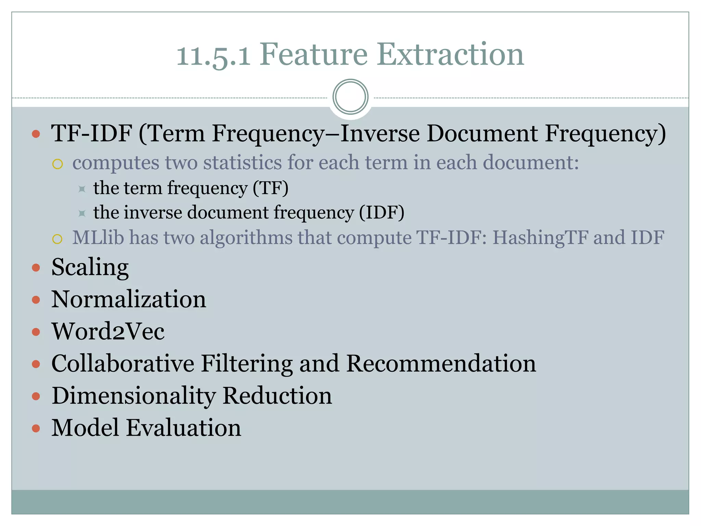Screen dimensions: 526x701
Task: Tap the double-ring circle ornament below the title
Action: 350,97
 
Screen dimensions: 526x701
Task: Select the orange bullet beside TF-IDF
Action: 36,134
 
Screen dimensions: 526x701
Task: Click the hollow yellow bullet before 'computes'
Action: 58,164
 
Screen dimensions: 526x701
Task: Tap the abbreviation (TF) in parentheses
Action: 270,188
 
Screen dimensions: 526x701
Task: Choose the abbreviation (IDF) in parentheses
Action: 382,212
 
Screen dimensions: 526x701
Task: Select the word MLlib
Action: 98,237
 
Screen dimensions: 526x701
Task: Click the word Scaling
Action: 90,267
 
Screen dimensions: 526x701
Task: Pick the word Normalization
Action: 129,299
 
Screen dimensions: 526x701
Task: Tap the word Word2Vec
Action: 108,331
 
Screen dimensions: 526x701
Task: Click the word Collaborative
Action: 123,363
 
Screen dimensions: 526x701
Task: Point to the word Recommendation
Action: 441,363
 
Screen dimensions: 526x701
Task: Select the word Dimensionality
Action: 133,396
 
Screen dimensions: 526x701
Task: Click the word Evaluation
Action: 183,428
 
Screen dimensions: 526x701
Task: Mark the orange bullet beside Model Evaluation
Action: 36,428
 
